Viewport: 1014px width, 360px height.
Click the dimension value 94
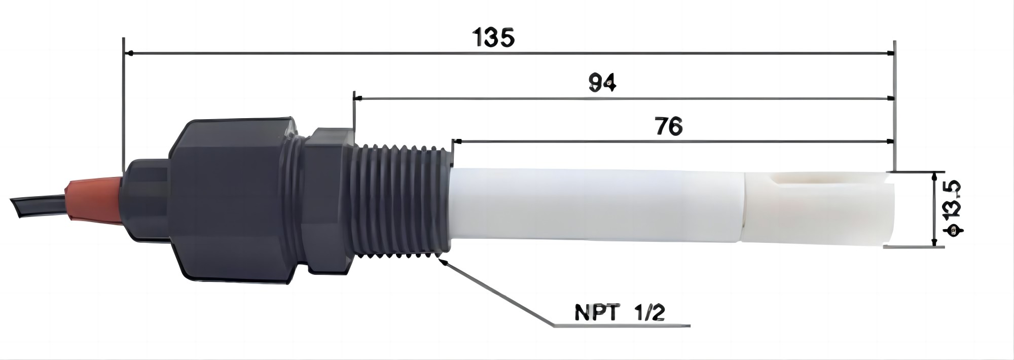point(602,83)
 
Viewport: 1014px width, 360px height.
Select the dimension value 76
point(668,127)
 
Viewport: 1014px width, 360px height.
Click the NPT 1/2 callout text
point(620,313)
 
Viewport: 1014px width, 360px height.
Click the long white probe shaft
point(593,205)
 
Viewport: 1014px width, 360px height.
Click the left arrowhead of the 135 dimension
point(129,53)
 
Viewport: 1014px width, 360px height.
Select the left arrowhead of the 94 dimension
point(357,97)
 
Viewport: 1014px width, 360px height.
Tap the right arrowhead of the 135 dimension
point(890,53)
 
